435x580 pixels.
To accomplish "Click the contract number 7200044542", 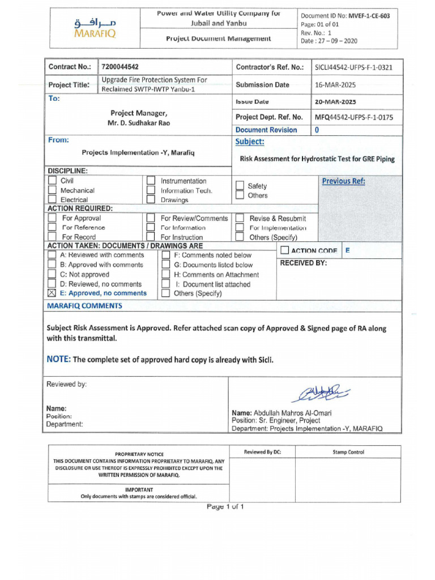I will [x=120, y=67].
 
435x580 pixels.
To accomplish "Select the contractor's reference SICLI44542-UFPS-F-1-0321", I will [x=353, y=67].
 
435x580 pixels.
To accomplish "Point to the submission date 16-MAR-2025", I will [x=335, y=85].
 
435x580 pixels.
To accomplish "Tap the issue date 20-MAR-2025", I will [x=335, y=102].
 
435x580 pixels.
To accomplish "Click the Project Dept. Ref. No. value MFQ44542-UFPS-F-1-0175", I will [x=353, y=117].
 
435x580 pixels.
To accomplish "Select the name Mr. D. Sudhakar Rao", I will [x=139, y=123].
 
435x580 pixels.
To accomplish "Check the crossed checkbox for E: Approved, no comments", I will [x=52, y=293].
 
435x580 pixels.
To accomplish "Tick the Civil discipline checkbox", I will [x=52, y=181].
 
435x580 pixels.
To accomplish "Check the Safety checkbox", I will [x=240, y=186].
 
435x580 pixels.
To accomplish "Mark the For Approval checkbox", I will [x=52, y=218].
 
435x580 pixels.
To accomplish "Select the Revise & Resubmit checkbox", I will [x=240, y=218].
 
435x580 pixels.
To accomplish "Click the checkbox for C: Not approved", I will [x=52, y=274].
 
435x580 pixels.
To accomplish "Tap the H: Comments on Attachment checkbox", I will [x=165, y=274].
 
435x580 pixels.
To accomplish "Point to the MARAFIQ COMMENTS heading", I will [x=84, y=306].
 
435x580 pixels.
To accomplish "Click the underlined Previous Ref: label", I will [x=343, y=181].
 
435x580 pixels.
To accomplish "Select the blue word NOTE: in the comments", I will [x=59, y=359].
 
